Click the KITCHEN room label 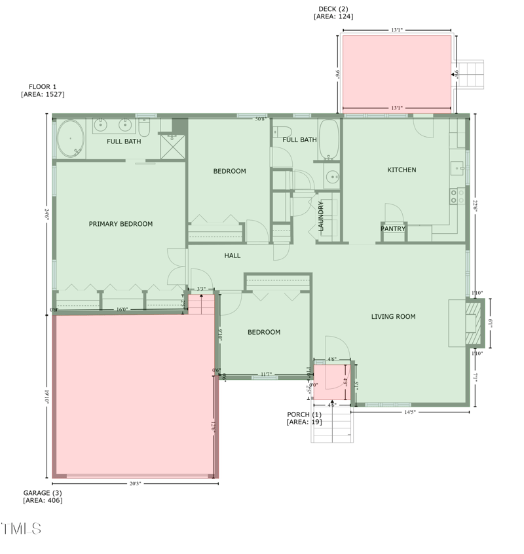(402, 170)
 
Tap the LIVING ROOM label (393, 317)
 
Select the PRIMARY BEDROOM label (121, 224)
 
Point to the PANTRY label (393, 229)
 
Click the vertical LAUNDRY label (321, 216)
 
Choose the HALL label (233, 255)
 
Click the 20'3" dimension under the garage (135, 484)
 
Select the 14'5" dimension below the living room (409, 412)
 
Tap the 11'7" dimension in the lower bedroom (266, 375)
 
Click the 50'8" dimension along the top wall (261, 119)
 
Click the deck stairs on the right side (471, 75)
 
